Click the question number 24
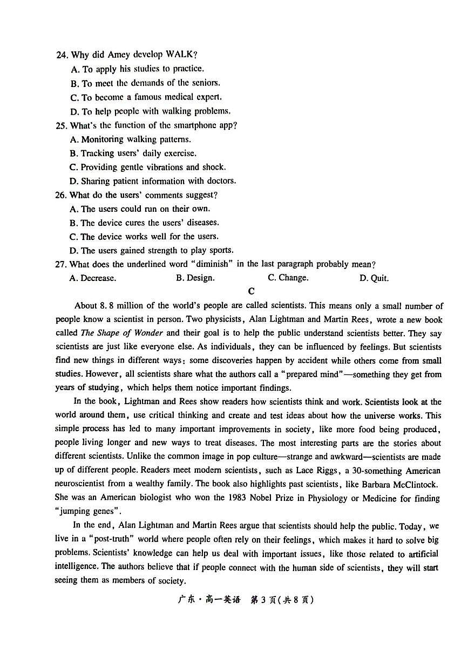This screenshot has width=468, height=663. pos(62,55)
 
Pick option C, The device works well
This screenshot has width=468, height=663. pos(144,237)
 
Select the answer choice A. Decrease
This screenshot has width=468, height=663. pos(93,278)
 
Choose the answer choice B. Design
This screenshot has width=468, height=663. pos(195,278)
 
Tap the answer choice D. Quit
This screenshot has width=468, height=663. pos(374,278)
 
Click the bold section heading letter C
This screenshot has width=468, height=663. pos(251,292)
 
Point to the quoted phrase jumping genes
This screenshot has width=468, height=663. pos(85,512)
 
